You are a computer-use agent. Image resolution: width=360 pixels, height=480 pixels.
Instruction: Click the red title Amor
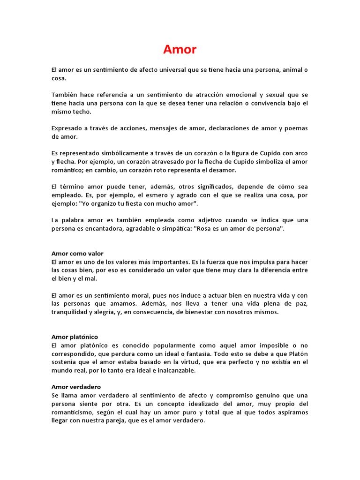(x=180, y=49)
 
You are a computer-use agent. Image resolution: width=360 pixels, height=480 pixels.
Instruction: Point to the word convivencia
(x=265, y=103)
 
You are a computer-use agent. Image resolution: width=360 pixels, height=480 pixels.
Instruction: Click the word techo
(x=82, y=112)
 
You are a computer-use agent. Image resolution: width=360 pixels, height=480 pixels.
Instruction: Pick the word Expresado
(x=67, y=128)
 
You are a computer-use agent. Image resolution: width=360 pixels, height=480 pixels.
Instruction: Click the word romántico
(x=67, y=170)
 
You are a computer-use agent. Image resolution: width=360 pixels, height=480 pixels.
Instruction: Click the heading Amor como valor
(x=77, y=254)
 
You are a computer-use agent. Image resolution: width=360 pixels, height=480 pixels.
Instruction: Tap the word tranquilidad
(x=71, y=312)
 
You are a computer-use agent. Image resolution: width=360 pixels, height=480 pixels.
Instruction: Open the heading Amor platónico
(x=75, y=337)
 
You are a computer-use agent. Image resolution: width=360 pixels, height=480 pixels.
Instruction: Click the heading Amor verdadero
(x=76, y=387)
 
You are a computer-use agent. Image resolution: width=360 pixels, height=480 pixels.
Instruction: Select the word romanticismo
(x=74, y=412)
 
